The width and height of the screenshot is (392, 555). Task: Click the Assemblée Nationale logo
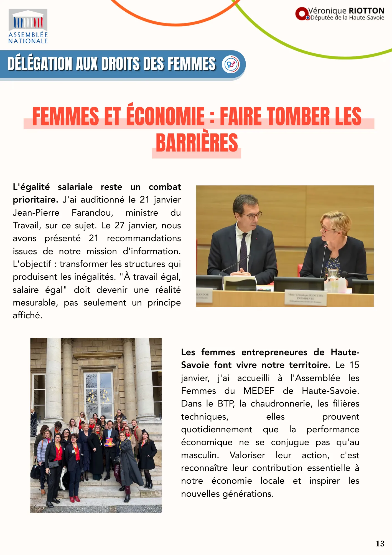point(28,26)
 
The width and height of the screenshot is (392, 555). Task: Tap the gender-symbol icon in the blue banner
point(231,64)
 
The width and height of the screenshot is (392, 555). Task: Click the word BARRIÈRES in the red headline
point(197,143)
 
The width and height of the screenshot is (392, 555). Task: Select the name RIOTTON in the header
point(366,11)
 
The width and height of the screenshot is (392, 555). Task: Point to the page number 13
point(380,543)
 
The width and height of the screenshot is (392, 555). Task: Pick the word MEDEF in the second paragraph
point(259,391)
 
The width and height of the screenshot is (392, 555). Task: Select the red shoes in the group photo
point(74,499)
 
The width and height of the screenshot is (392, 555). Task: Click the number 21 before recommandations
point(94,238)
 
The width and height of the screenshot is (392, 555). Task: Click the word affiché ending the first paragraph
point(27,315)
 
